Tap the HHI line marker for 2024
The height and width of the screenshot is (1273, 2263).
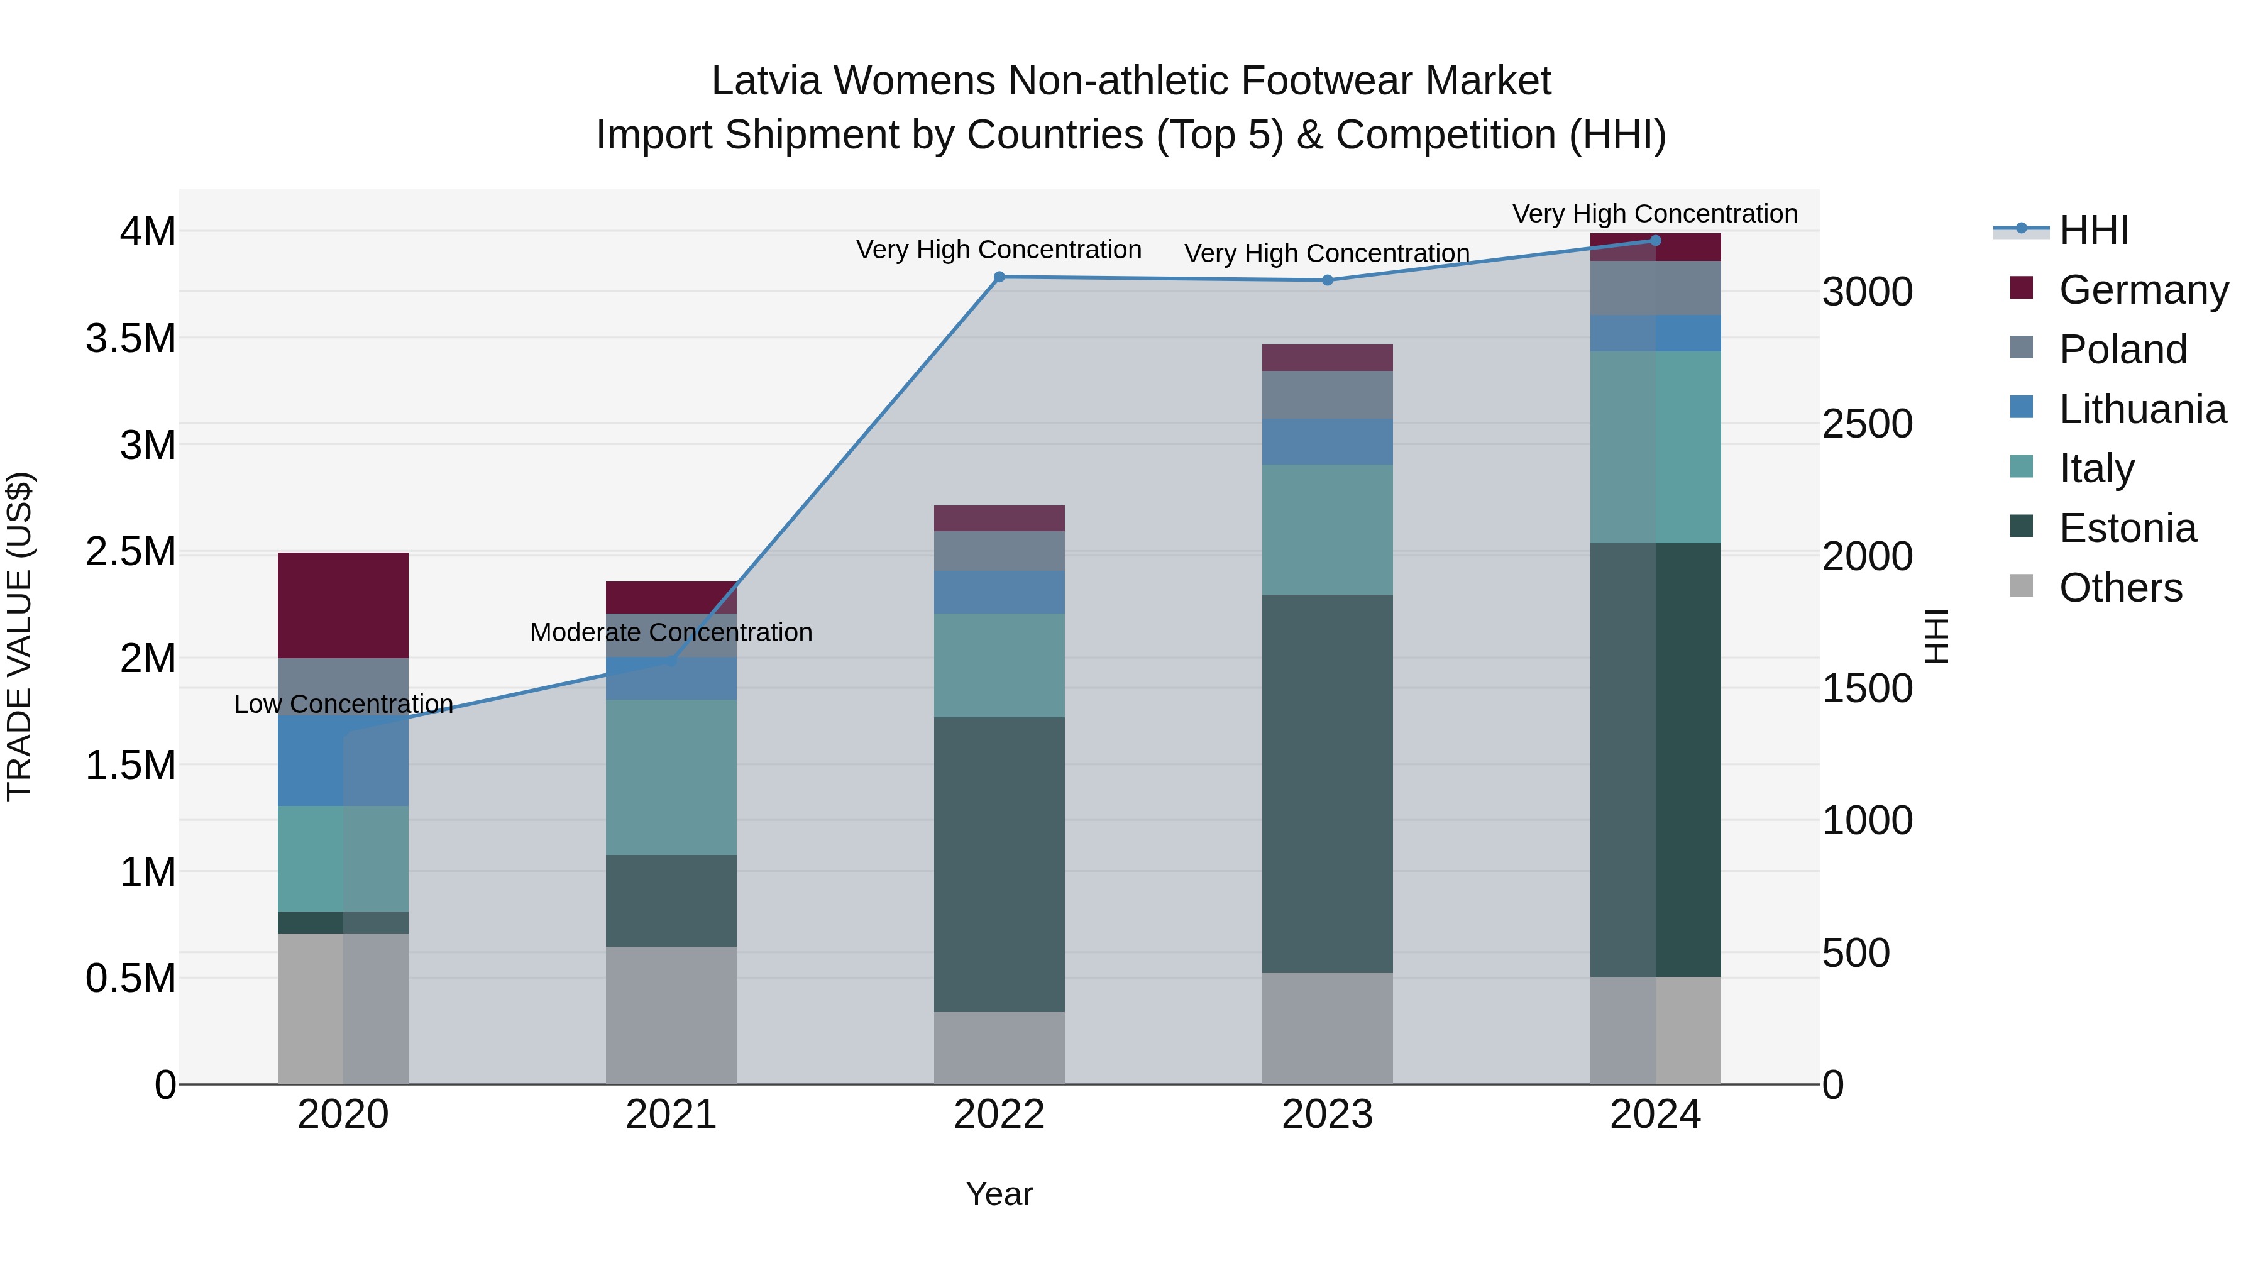[1655, 240]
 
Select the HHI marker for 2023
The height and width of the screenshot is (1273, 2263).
[1328, 280]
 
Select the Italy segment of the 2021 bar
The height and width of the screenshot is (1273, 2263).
[671, 776]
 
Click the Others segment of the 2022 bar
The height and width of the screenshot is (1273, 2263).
[999, 1047]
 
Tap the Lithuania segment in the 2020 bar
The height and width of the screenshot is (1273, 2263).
[343, 760]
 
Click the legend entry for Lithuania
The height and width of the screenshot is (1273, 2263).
[2142, 409]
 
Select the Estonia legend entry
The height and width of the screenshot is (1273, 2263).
[2127, 528]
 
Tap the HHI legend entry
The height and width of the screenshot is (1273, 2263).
[2093, 230]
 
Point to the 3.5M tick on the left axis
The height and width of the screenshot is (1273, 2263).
[131, 338]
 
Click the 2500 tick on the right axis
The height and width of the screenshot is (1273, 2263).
[1867, 424]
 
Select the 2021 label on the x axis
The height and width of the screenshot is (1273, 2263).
[671, 1114]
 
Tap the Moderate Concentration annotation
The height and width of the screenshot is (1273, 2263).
[671, 632]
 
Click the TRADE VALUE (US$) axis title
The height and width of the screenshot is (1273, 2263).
[19, 636]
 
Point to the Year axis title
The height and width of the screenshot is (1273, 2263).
[999, 1194]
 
